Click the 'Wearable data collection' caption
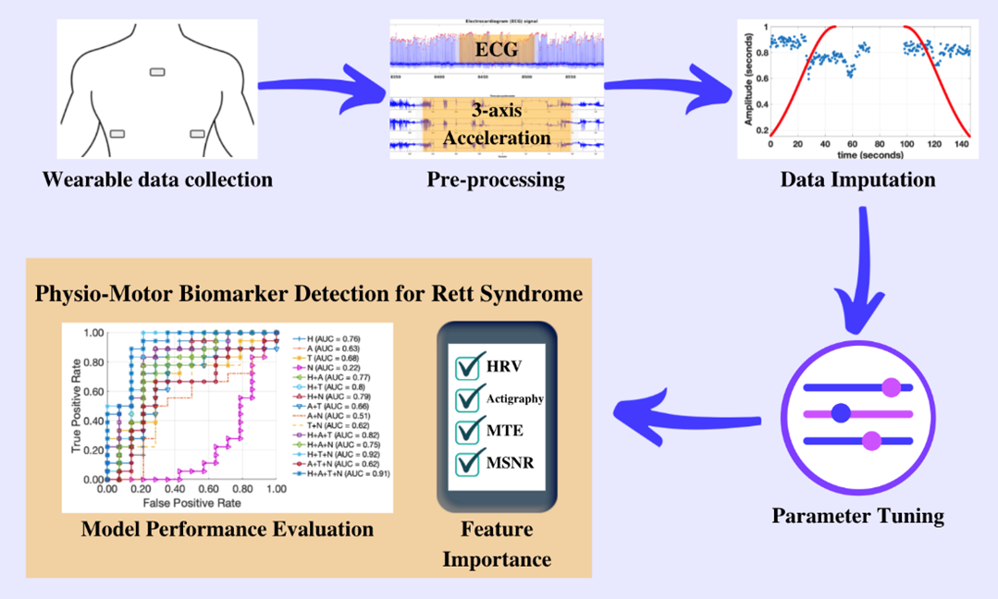tap(157, 179)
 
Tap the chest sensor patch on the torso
tap(157, 72)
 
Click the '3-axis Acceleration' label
tap(497, 125)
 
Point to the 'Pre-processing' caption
tap(496, 179)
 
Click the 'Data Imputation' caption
tap(857, 179)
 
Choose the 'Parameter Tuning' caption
tap(857, 516)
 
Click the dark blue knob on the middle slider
tap(841, 413)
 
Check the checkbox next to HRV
tap(468, 367)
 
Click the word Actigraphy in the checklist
tap(515, 399)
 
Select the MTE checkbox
tap(468, 430)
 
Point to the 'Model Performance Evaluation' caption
tap(228, 530)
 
